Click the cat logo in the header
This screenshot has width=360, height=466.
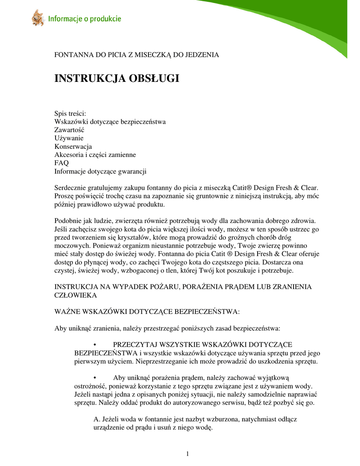tap(37, 18)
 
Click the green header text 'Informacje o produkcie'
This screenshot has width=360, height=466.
tap(85, 19)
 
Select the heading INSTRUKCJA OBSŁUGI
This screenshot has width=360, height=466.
tap(117, 78)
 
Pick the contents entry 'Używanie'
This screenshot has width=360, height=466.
tap(69, 138)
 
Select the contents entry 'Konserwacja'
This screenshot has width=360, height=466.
tap(73, 147)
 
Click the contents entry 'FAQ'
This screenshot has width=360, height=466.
tap(61, 163)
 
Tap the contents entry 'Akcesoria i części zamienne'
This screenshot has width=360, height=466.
tap(95, 155)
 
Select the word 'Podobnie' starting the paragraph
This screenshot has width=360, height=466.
tap(68, 221)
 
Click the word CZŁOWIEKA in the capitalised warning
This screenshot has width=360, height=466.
tap(76, 295)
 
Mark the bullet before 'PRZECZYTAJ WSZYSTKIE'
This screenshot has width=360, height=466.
tap(94, 344)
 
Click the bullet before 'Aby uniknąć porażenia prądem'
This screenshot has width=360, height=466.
tap(94, 377)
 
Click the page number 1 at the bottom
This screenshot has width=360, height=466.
tap(187, 453)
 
